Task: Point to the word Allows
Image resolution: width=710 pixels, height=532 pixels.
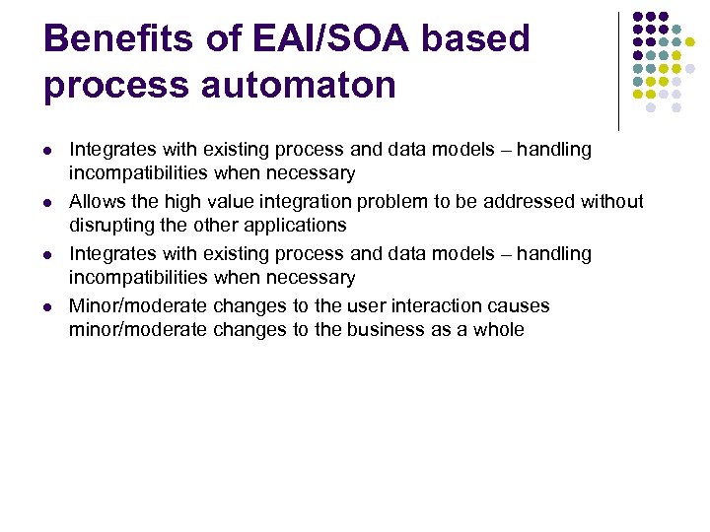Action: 95,202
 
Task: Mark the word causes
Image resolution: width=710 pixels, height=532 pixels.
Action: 518,306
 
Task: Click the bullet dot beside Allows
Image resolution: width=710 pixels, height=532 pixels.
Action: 47,203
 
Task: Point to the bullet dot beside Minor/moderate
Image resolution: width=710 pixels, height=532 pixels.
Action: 47,307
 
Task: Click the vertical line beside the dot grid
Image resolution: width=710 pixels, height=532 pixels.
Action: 618,71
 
